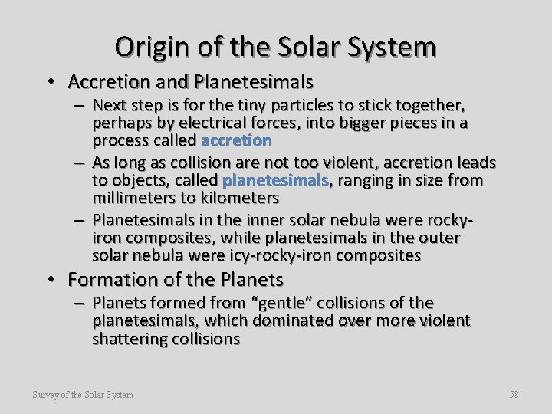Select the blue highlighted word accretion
click(235, 140)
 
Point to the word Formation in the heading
click(122, 278)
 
